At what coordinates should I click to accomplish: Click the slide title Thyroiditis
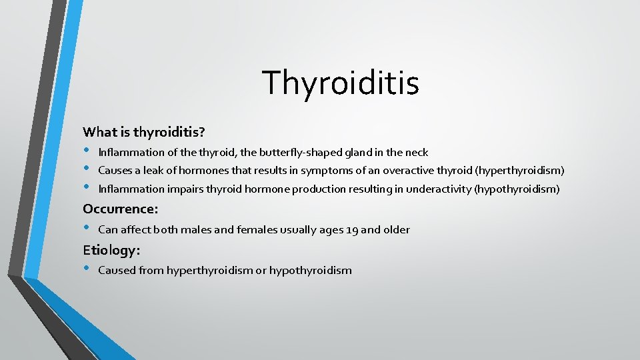pyautogui.click(x=341, y=83)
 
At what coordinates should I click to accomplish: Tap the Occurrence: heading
pyautogui.click(x=121, y=209)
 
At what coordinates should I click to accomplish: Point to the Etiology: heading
pyautogui.click(x=112, y=250)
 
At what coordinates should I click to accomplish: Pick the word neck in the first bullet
pyautogui.click(x=416, y=153)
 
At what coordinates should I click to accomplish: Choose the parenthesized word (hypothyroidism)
pyautogui.click(x=517, y=189)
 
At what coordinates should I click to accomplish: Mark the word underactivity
pyautogui.click(x=438, y=189)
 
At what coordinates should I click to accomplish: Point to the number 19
pyautogui.click(x=352, y=230)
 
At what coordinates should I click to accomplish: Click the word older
pyautogui.click(x=395, y=230)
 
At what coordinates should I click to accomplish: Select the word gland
pyautogui.click(x=361, y=153)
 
